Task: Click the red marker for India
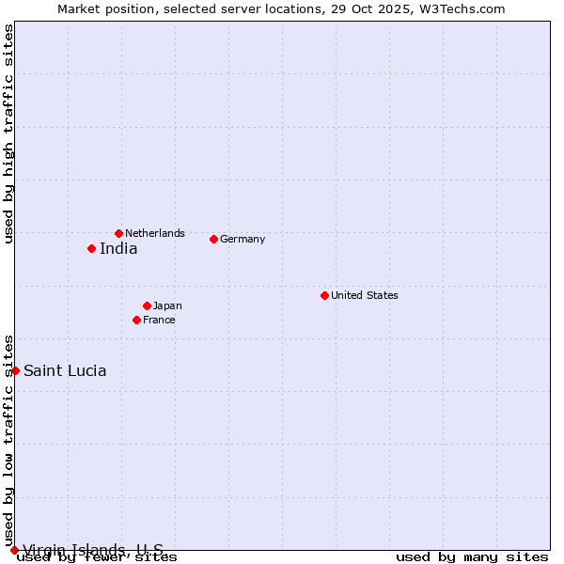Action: (x=91, y=248)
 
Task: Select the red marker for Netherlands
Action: (x=118, y=233)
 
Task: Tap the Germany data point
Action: (x=213, y=239)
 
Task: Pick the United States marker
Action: (x=324, y=295)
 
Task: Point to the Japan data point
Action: (x=147, y=305)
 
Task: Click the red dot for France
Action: (x=136, y=320)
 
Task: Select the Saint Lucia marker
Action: (x=15, y=370)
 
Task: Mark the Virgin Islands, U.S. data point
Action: (x=14, y=550)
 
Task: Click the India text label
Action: (x=118, y=249)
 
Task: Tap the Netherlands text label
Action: (x=155, y=233)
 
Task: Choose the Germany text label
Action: (x=243, y=239)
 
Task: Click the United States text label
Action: (x=365, y=295)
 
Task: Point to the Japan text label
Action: (x=167, y=305)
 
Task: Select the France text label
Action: (x=159, y=320)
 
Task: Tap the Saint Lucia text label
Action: (x=65, y=370)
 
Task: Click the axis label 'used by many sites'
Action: (x=472, y=557)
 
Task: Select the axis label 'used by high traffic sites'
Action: (x=8, y=133)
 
